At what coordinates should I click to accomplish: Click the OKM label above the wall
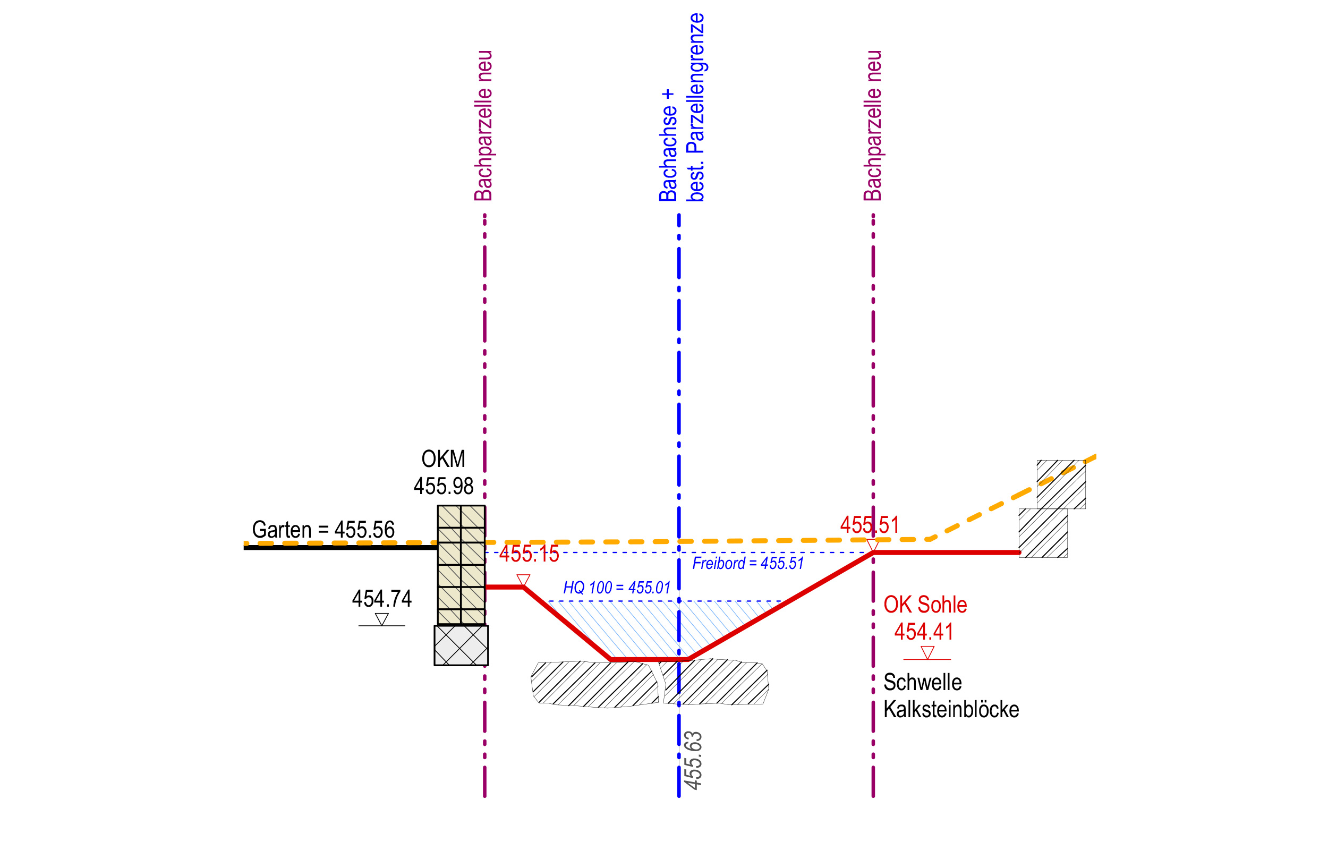point(443,458)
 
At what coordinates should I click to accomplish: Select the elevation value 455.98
point(444,486)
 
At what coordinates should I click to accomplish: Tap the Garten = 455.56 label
point(324,529)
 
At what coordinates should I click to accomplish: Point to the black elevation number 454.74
point(382,598)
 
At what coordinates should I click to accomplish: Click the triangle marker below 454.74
point(382,619)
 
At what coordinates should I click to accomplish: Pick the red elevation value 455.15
point(529,554)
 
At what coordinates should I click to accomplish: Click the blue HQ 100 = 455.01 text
point(616,588)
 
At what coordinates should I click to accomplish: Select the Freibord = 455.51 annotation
point(747,564)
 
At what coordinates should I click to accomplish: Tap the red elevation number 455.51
point(870,524)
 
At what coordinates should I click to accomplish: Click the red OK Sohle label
point(925,605)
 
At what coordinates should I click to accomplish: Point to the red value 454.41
point(924,632)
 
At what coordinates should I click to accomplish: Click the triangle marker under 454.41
point(927,652)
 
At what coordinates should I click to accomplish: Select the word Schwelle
point(923,683)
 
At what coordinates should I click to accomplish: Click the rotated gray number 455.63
point(693,760)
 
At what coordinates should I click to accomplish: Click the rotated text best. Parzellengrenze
point(695,108)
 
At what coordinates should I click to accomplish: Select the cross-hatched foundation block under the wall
point(461,645)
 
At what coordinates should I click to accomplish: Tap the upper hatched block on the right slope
point(1061,484)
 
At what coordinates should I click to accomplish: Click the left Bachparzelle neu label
point(483,126)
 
